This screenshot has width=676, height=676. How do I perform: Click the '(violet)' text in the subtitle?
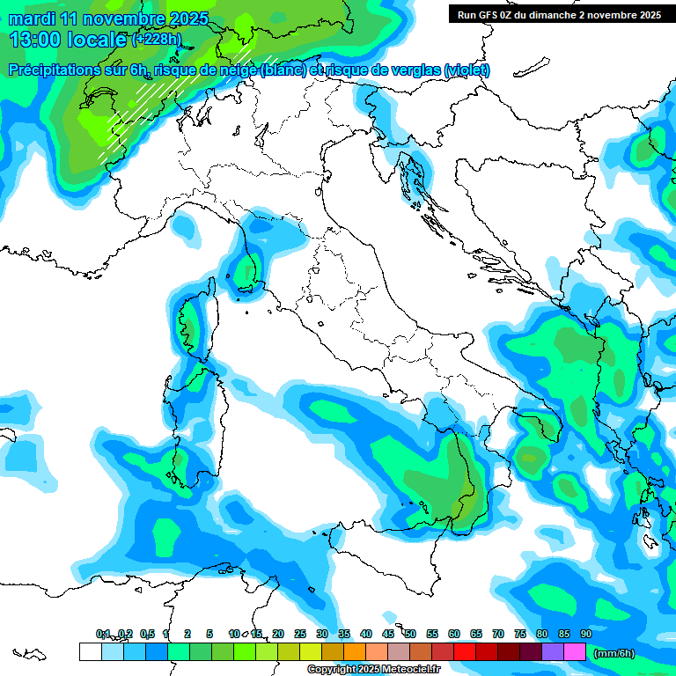[467, 70]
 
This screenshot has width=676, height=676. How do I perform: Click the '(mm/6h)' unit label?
[614, 653]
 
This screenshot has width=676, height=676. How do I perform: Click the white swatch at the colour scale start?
[90, 652]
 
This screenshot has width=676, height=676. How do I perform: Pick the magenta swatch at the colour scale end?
[575, 652]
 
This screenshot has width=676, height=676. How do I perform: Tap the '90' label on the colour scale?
[586, 634]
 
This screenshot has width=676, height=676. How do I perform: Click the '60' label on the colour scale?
[454, 634]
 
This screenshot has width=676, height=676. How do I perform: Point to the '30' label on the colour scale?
[322, 634]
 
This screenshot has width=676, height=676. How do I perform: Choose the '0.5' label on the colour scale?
[147, 634]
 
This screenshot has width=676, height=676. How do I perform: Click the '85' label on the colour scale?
[564, 634]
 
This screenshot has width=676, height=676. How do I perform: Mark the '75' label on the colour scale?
[520, 634]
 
